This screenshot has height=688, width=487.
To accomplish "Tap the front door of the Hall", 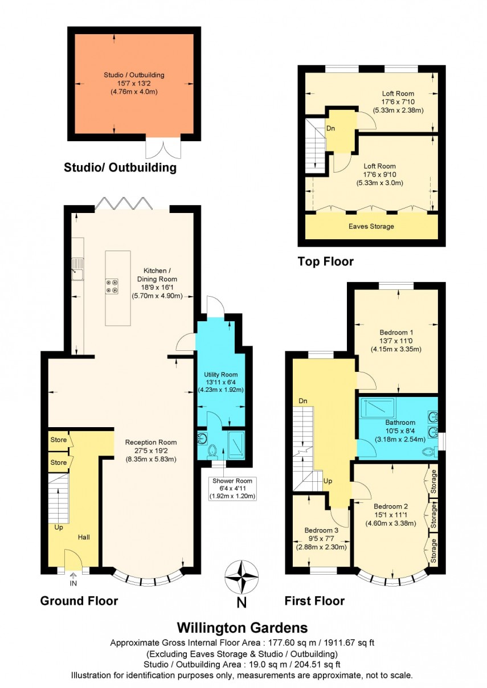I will point(73,560).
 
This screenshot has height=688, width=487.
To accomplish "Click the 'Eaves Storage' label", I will point(371,226).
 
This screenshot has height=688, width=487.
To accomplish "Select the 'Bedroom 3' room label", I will point(321,529).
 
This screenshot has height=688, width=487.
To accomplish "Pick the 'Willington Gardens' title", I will point(243,628).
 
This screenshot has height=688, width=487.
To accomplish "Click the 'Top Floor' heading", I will point(325,261).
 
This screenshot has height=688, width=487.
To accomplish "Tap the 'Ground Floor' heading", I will point(79,601).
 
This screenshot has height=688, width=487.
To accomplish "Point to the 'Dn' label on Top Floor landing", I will point(331,128).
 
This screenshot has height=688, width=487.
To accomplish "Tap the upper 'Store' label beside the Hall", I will point(58,440).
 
